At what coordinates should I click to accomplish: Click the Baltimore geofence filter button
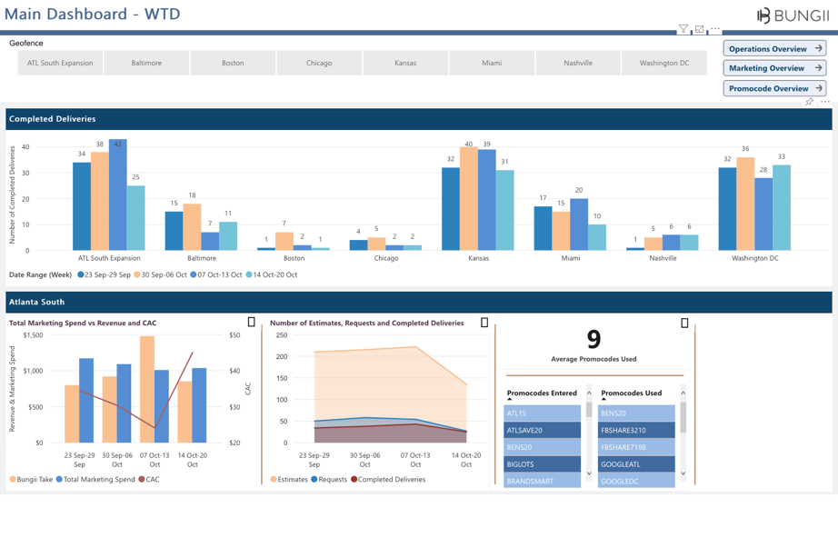146,63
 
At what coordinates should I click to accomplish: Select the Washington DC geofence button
664,63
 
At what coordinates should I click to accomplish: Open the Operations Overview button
774,48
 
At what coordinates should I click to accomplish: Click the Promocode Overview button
774,88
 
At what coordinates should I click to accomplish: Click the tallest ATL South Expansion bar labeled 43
117,194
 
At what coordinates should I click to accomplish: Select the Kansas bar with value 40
469,198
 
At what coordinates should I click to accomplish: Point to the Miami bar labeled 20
579,224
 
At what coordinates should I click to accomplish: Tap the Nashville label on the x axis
663,258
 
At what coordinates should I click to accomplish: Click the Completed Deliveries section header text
52,119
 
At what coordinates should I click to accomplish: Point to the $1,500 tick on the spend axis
33,335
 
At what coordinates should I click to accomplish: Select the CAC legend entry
149,480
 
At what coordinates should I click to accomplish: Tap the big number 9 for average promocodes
594,339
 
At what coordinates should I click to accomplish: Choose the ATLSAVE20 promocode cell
543,431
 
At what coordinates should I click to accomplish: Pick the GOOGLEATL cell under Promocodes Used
636,464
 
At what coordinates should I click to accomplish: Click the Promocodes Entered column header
542,394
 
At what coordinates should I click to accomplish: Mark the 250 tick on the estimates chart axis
282,335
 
